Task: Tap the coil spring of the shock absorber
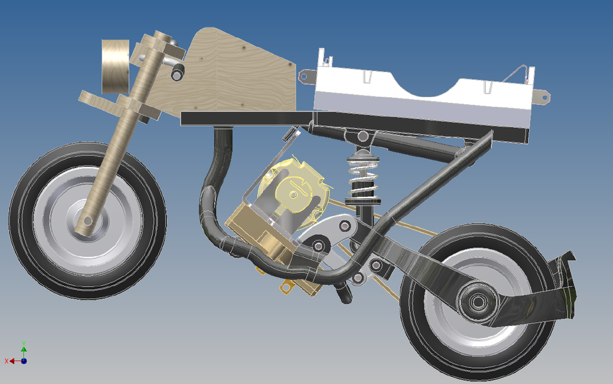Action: coord(362,176)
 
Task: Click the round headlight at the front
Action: coord(116,66)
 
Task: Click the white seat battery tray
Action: coord(421,96)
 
